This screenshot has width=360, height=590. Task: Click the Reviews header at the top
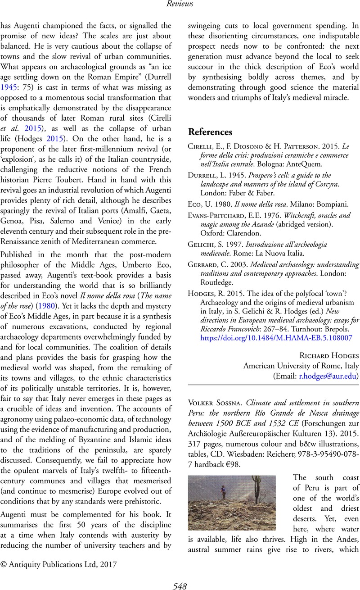(180, 4)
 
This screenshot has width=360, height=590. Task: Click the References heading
(211, 132)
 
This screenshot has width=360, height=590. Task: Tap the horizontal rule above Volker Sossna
(273, 384)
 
